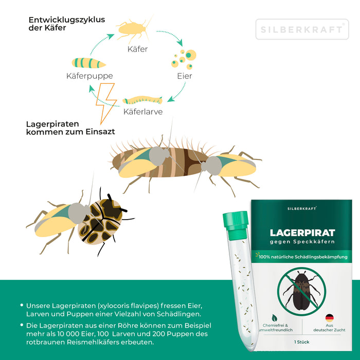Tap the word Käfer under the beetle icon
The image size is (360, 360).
(137, 49)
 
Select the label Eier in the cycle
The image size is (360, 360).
(184, 76)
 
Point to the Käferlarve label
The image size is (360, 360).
(142, 111)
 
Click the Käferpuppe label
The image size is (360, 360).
(89, 76)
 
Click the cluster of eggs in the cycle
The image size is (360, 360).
(184, 59)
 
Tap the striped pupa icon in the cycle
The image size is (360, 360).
(89, 63)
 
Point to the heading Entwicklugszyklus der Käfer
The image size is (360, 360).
(67, 24)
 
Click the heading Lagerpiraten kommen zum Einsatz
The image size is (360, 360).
(70, 128)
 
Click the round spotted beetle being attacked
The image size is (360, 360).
(103, 221)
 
